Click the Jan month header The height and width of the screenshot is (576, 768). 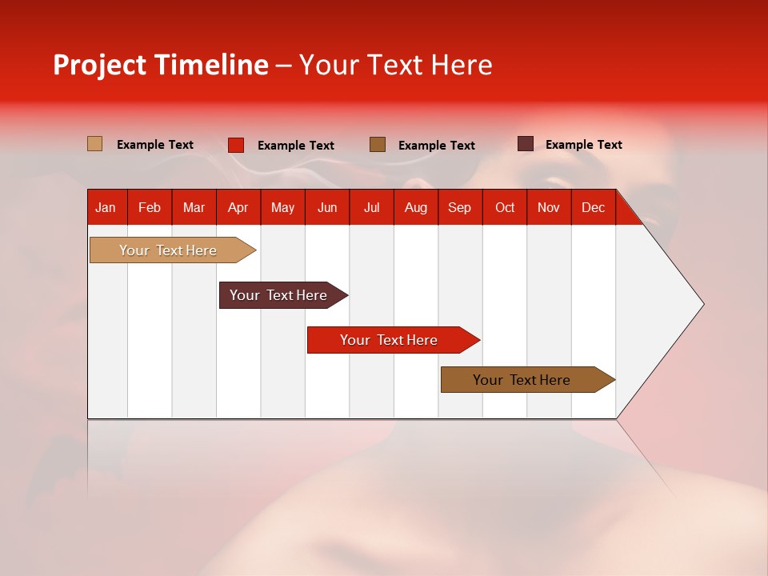coord(106,207)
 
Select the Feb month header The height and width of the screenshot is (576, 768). coord(150,207)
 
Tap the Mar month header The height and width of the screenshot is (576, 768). coord(194,207)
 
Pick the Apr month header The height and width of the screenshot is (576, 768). coord(238,207)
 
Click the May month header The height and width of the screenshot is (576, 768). coord(282,207)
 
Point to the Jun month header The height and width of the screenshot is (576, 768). coord(327,207)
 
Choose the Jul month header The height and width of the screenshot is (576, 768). coord(371,207)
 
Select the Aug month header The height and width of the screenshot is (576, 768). coord(415,207)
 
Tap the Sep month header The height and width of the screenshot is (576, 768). coord(459,207)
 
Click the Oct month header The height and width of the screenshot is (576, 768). coord(504,207)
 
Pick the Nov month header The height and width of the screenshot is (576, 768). coord(548,207)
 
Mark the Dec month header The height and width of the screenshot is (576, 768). coord(593,207)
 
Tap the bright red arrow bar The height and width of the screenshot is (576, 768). coord(390,340)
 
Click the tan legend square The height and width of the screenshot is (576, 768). coord(94,144)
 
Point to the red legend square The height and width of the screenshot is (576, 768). coord(235,145)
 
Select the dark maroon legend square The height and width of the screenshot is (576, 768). coord(525,144)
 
